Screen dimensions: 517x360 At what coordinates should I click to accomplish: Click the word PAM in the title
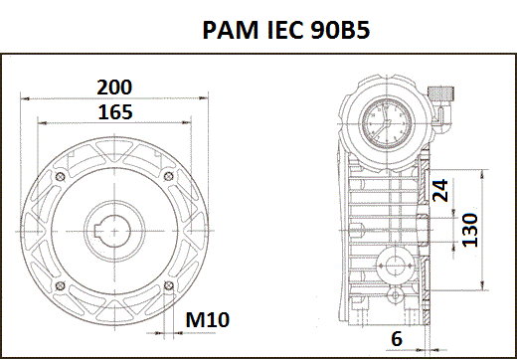coord(230,30)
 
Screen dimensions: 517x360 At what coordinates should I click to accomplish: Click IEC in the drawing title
coord(285,30)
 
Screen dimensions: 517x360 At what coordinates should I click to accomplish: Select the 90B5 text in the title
coord(340,30)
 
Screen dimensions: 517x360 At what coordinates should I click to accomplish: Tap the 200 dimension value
coord(114,87)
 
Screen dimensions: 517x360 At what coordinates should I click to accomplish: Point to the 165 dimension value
coord(115,112)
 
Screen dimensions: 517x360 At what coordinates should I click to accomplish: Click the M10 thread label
coord(208,319)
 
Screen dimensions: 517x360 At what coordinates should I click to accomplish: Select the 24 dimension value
coord(440,191)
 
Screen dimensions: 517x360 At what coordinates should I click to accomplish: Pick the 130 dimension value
coord(470,230)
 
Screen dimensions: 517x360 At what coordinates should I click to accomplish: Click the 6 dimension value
coord(397,338)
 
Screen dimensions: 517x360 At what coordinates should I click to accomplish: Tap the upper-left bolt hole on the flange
coord(60,177)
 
